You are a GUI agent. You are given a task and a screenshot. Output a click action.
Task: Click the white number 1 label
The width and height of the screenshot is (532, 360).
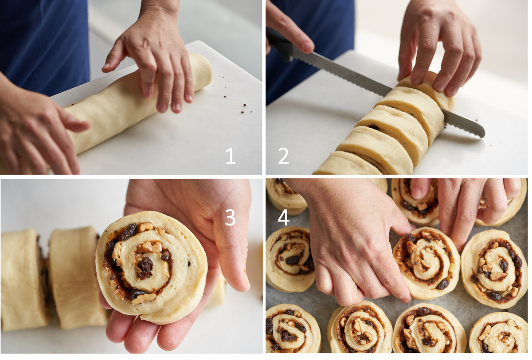point(231,156)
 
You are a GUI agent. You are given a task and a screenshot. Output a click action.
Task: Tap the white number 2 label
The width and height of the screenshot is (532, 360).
point(283,156)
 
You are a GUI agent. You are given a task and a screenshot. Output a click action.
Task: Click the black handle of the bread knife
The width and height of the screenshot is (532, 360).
point(280,45)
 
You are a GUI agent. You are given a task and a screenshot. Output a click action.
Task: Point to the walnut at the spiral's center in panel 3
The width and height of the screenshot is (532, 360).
point(149,247)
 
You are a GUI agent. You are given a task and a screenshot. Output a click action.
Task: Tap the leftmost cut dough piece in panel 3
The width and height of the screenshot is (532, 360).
point(24,280)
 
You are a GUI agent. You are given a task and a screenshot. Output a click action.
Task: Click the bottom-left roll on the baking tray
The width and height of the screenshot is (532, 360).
point(293,329)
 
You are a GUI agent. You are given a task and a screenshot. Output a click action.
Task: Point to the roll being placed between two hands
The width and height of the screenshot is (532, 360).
point(427,262)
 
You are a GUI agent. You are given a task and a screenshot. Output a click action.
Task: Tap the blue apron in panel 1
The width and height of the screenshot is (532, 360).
point(43,45)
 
